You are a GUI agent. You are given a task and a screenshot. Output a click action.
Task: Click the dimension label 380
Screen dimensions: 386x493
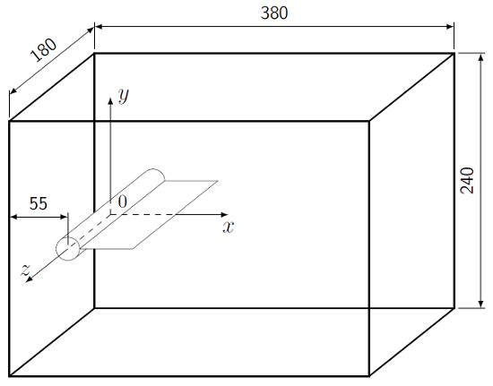pyautogui.click(x=273, y=13)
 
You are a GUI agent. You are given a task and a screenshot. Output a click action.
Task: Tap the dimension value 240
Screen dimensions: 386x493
pyautogui.click(x=467, y=183)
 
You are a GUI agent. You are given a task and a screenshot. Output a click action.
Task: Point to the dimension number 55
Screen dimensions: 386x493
pyautogui.click(x=39, y=203)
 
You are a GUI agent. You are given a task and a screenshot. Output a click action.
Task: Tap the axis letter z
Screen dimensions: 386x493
pyautogui.click(x=26, y=271)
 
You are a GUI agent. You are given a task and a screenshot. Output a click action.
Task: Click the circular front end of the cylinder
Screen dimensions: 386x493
pyautogui.click(x=68, y=248)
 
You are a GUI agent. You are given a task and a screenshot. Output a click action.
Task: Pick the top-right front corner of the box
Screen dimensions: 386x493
pyautogui.click(x=369, y=121)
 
